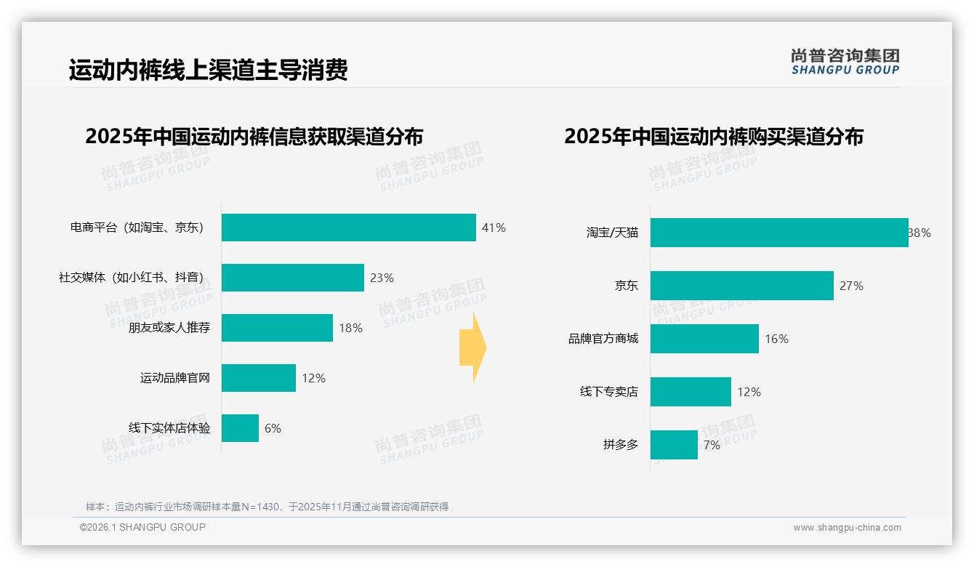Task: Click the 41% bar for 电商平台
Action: pyautogui.click(x=348, y=228)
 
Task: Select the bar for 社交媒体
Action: pyautogui.click(x=292, y=278)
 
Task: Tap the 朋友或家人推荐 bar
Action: pyautogui.click(x=277, y=328)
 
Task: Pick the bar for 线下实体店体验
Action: pyautogui.click(x=240, y=428)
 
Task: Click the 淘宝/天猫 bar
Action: pyautogui.click(x=778, y=233)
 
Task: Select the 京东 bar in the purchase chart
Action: pyautogui.click(x=741, y=286)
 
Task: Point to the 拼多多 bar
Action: pyautogui.click(x=674, y=445)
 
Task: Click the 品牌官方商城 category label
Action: pyautogui.click(x=603, y=339)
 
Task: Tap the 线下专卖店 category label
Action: pyautogui.click(x=609, y=392)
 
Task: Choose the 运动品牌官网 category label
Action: pyautogui.click(x=175, y=378)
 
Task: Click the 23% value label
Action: pyautogui.click(x=382, y=278)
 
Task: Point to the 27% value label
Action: pyautogui.click(x=851, y=286)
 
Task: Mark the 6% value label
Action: pyautogui.click(x=273, y=428)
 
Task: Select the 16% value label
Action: pyautogui.click(x=776, y=339)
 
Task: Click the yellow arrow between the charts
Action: pyautogui.click(x=473, y=348)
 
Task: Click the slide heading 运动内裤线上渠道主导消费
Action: pyautogui.click(x=209, y=70)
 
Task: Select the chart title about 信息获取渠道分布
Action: pyautogui.click(x=254, y=137)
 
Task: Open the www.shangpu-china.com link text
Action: pyautogui.click(x=847, y=528)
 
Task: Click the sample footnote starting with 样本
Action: pyautogui.click(x=267, y=507)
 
